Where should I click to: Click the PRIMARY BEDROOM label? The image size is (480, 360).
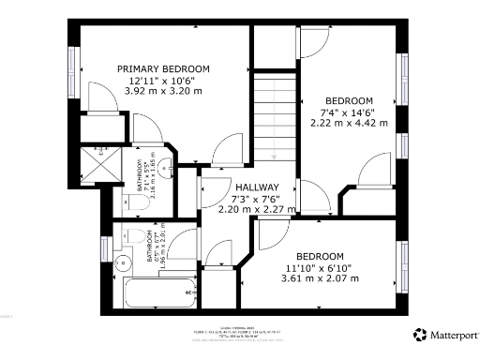(163, 69)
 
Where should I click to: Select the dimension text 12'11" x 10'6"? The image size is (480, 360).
(163, 82)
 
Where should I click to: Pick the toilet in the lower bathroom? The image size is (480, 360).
(136, 233)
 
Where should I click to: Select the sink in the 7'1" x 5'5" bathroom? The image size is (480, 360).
(165, 169)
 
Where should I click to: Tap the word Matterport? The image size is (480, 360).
(454, 334)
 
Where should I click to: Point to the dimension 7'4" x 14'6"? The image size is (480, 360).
(349, 112)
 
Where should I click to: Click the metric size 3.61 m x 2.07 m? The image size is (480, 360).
(321, 278)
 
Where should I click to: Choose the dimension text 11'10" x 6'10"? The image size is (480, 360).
(321, 267)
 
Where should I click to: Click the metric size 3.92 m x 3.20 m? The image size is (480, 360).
(163, 93)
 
